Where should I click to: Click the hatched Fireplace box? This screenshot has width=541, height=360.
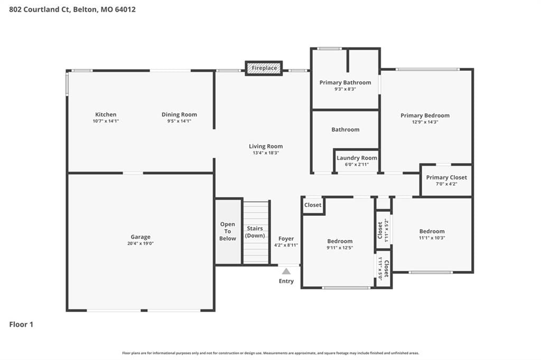(264, 68)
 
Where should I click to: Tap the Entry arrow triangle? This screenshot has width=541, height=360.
(286, 271)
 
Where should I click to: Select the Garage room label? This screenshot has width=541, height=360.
(141, 237)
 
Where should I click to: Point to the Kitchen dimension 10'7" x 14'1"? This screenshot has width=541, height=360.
(106, 121)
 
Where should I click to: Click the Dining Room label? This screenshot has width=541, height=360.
(180, 115)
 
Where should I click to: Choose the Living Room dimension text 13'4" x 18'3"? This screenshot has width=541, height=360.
(266, 153)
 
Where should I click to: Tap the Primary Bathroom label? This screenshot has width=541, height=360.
(346, 82)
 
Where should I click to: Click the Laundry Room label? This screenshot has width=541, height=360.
(357, 158)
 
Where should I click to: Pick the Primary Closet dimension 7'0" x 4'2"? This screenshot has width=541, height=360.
(446, 184)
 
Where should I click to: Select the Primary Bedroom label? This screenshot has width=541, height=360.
(425, 116)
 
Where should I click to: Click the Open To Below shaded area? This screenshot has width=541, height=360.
(228, 231)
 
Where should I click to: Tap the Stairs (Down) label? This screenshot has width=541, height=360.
(255, 232)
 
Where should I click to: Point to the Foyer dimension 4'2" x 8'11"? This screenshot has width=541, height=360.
(286, 245)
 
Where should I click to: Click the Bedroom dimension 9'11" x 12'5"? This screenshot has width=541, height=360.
(340, 248)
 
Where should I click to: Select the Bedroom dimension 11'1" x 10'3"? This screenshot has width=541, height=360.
(432, 238)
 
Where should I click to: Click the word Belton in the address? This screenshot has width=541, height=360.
(85, 10)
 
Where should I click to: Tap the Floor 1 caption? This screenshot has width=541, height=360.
(21, 325)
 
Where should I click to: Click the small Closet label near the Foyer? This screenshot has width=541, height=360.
(313, 205)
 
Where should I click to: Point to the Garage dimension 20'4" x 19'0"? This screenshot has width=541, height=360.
(141, 243)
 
